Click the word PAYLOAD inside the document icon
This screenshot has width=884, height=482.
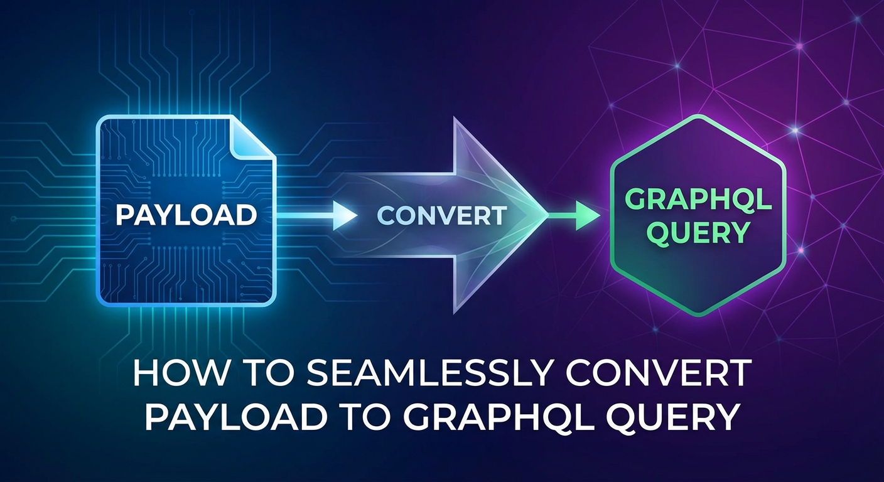186,215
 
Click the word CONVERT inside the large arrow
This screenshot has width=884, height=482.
442,216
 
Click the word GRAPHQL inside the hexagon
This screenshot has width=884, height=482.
698,201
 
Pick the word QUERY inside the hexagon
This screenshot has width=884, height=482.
698,233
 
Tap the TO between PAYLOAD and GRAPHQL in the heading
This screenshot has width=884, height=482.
342,417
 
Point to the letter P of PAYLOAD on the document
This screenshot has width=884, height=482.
124,215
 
